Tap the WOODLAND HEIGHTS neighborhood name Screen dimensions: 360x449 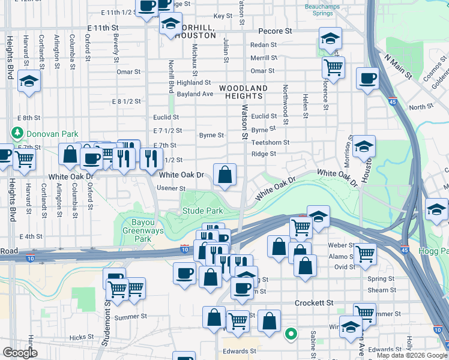tap(243, 92)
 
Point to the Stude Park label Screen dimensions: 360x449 tap(203, 211)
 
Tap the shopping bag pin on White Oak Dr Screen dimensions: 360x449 tap(224, 175)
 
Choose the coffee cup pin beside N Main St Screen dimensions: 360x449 tap(367, 78)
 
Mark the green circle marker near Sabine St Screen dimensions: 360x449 tap(291, 334)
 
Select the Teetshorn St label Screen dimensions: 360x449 tap(270, 143)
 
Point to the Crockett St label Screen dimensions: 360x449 tap(313, 304)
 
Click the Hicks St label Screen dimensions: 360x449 tap(78, 337)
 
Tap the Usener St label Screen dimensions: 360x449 tap(171, 188)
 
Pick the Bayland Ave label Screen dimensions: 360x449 tap(195, 94)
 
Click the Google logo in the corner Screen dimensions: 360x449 tap(19, 353)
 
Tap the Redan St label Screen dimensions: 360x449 tap(263, 45)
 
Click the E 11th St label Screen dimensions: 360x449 tap(104, 28)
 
